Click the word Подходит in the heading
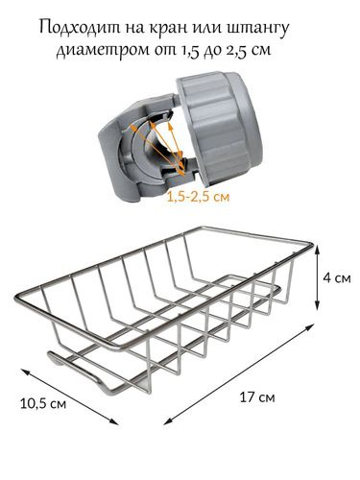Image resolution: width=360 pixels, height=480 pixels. pos(82,27)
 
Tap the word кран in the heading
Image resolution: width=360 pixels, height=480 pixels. pos(169,28)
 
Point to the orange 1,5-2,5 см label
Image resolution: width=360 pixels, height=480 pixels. pos(198,197)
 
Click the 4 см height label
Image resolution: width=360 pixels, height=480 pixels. pos(337,277)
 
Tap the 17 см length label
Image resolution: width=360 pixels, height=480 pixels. pos(257,397)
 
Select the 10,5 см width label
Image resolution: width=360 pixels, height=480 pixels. pos(43,403)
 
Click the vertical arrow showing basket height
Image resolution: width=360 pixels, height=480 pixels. pos(317,277)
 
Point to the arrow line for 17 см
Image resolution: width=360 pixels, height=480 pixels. pos(239,374)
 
